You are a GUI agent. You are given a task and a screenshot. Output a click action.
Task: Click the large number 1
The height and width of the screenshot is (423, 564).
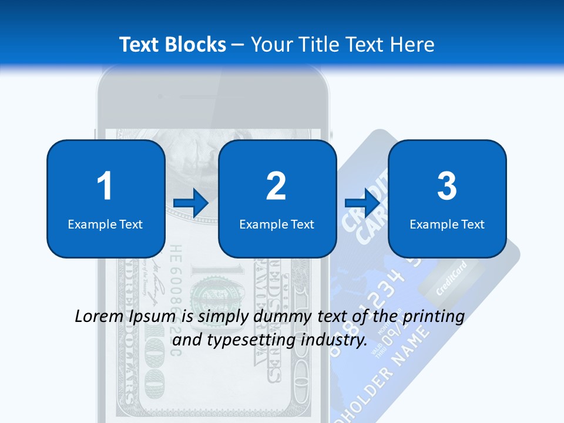[105, 186]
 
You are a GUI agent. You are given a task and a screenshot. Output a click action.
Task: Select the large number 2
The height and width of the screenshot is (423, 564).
[276, 186]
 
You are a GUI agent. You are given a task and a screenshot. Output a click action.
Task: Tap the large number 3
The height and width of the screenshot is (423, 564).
[447, 186]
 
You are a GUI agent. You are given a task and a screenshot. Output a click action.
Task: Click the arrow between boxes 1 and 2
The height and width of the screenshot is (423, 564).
[191, 203]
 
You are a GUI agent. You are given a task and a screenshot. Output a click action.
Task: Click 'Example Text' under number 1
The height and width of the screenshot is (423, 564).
[105, 224]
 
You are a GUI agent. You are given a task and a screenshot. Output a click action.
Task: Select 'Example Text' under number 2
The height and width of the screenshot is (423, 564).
[277, 224]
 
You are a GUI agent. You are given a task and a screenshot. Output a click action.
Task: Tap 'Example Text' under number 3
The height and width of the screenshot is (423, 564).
[447, 224]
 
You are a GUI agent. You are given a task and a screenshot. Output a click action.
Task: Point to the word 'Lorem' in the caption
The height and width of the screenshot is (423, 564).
[99, 317]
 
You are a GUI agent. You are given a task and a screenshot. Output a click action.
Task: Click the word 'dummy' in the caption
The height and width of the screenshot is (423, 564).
[284, 317]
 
